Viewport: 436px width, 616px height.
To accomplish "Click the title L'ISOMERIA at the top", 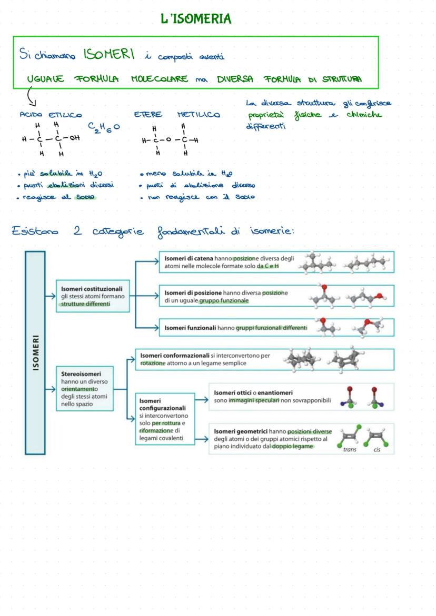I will click(196, 19).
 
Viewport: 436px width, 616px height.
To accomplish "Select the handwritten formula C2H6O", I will click(103, 127).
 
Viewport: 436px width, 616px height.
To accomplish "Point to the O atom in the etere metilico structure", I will click(169, 140).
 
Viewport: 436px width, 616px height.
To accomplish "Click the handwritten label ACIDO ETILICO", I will click(51, 115).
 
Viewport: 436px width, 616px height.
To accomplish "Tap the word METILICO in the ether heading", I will click(199, 114).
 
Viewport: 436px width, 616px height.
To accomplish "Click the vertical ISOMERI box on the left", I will click(35, 352).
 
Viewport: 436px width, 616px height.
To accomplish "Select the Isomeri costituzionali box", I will click(93, 296).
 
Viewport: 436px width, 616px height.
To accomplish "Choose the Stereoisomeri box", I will click(86, 389).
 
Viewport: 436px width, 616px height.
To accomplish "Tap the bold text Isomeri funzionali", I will click(190, 328).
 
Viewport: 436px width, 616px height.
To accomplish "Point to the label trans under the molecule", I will click(350, 450).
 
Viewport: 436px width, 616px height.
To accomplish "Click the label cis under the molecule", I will click(377, 450).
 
